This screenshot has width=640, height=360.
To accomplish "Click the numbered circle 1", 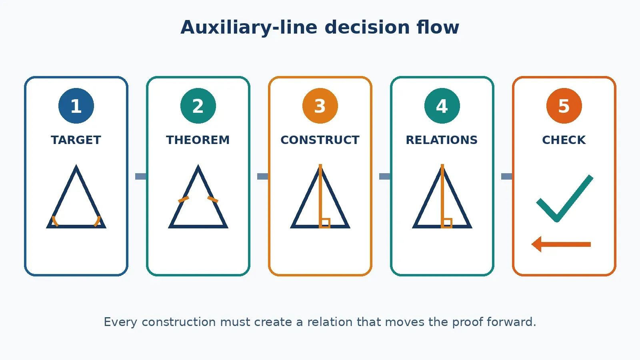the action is tap(76, 106).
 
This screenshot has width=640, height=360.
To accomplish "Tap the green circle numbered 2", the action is tap(198, 106).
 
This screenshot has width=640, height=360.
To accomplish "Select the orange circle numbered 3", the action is tap(320, 106).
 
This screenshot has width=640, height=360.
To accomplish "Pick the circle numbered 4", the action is tap(442, 106).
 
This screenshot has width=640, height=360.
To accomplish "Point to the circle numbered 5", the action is tap(564, 106).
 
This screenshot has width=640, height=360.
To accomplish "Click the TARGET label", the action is tap(76, 140).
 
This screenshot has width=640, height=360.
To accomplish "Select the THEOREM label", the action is tap(198, 140).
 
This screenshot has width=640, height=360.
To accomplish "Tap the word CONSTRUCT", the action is tap(320, 140).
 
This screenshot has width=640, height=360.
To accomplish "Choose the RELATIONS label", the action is tap(442, 140).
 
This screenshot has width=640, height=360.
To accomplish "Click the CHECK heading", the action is tap(564, 140).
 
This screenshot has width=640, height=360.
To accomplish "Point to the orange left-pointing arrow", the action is tap(561, 244).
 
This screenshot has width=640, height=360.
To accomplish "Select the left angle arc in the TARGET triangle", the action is tap(54, 221).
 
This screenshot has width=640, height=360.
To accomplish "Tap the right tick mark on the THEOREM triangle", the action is tap(213, 200).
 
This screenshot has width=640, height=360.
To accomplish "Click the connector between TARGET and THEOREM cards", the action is tap(140, 176).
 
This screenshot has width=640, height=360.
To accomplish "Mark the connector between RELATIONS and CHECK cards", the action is tap(506, 176).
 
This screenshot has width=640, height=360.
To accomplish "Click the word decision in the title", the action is tap(367, 28).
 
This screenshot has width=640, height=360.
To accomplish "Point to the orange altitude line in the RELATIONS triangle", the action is tap(442, 196).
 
